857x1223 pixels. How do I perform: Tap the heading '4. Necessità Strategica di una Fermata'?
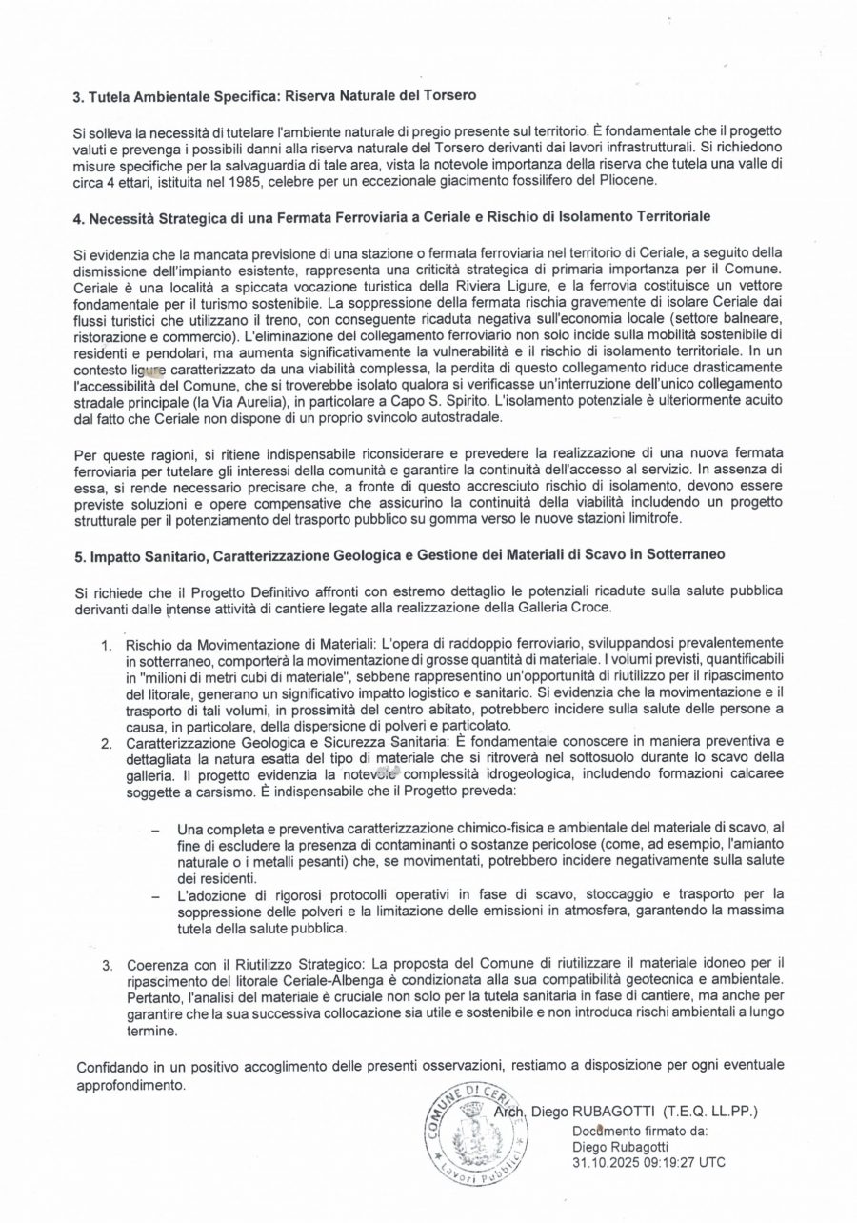click(x=391, y=219)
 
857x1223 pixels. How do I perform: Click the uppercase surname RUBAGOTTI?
click(x=613, y=1112)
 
